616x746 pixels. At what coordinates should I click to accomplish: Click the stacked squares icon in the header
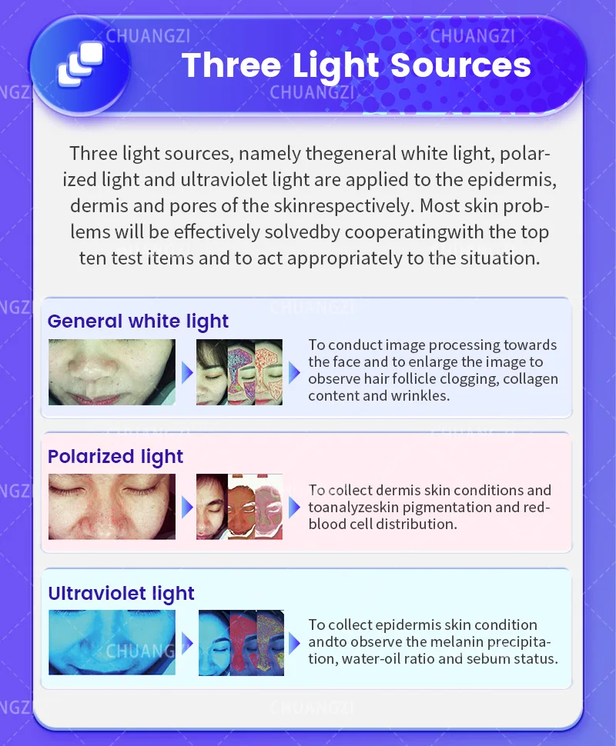click(80, 65)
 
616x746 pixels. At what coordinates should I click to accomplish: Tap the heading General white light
click(138, 321)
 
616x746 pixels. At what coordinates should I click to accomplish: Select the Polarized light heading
click(115, 456)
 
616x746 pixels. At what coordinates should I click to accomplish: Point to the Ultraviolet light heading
click(121, 593)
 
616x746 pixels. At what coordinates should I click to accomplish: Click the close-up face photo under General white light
click(112, 372)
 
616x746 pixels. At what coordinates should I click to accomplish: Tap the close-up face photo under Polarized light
click(112, 506)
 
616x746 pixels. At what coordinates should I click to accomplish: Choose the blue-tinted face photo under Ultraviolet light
click(112, 643)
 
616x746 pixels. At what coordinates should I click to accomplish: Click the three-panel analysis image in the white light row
click(239, 372)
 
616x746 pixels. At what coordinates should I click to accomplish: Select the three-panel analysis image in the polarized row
click(239, 506)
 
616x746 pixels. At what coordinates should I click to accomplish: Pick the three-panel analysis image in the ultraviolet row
click(239, 643)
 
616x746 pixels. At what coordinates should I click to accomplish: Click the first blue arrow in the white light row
click(186, 373)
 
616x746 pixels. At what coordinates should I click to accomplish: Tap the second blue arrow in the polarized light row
click(294, 507)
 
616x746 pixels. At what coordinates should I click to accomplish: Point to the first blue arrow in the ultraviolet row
click(186, 643)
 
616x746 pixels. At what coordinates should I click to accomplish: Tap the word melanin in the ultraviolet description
click(450, 642)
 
